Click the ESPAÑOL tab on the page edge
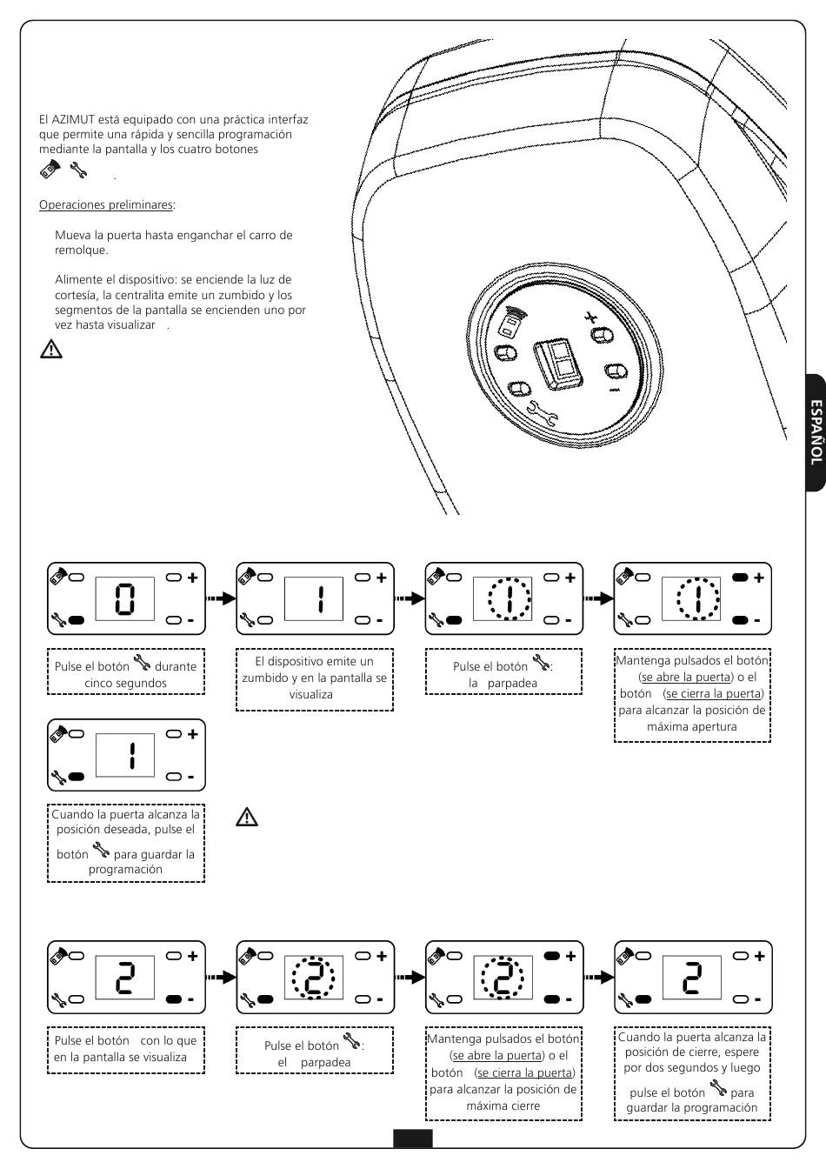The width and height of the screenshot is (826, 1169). (815, 432)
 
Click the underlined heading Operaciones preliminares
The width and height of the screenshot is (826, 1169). (106, 205)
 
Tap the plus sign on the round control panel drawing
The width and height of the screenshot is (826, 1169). (591, 317)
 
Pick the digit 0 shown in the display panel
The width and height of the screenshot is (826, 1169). (125, 598)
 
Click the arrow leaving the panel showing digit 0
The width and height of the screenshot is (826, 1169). (221, 598)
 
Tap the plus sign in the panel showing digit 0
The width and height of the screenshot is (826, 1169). (192, 578)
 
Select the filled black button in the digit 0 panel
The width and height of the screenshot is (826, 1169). (76, 620)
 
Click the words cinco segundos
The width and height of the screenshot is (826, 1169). (125, 683)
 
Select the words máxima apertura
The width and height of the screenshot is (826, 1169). (692, 726)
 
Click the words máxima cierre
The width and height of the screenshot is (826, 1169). (503, 1106)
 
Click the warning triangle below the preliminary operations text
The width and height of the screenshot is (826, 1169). (51, 350)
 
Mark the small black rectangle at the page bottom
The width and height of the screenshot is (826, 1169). (412, 1139)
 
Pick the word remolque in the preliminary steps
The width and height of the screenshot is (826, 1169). (82, 250)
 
